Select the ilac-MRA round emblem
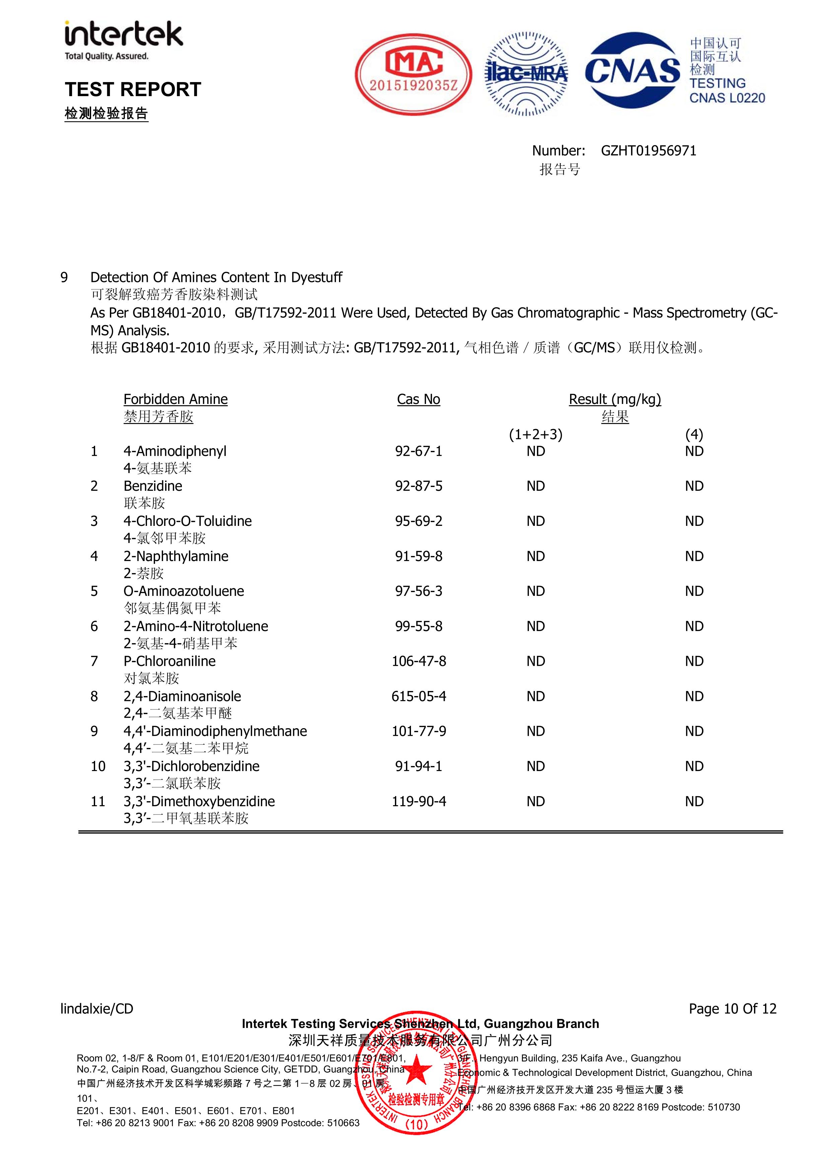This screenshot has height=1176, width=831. [526, 75]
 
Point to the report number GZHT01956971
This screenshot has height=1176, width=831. [648, 151]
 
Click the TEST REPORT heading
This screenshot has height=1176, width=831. [133, 90]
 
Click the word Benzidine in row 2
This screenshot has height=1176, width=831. [153, 486]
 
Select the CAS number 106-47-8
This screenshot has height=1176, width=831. [419, 661]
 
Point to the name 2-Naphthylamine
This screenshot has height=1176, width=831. [176, 556]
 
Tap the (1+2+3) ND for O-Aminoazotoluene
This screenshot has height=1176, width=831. [535, 591]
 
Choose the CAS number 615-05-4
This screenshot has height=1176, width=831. [419, 697]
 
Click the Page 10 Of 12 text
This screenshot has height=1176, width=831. [732, 1009]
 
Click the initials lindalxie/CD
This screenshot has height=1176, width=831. [97, 1009]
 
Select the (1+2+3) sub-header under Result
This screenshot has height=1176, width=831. [535, 435]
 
